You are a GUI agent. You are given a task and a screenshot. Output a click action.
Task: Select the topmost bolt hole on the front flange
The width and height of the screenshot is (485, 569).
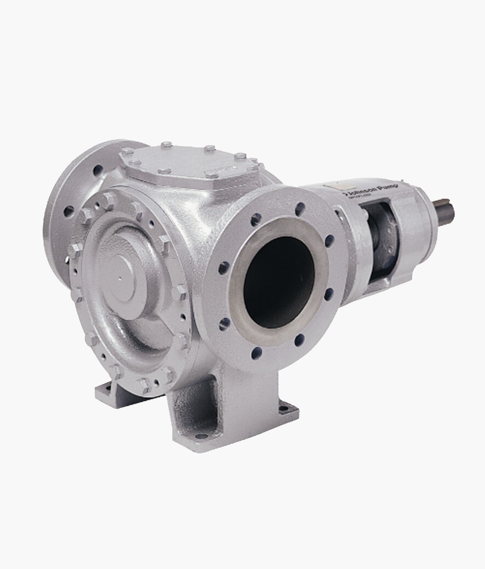coord(300,208)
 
